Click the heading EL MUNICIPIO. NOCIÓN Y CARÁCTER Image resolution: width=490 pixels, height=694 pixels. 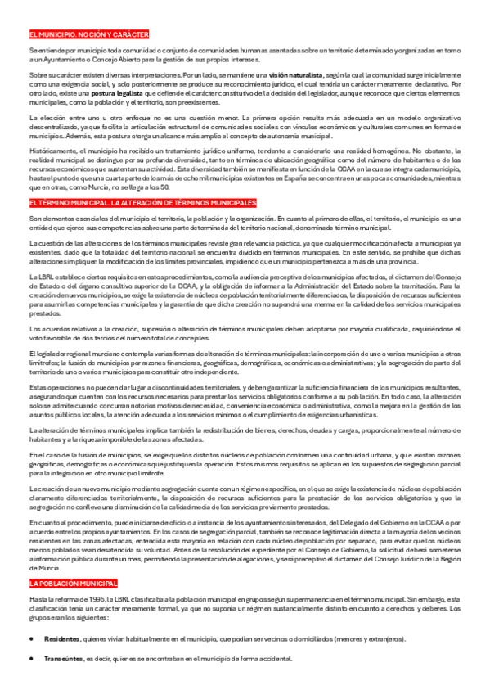pyautogui.click(x=88, y=34)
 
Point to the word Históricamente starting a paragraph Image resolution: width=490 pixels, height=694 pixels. pyautogui.click(x=50, y=151)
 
